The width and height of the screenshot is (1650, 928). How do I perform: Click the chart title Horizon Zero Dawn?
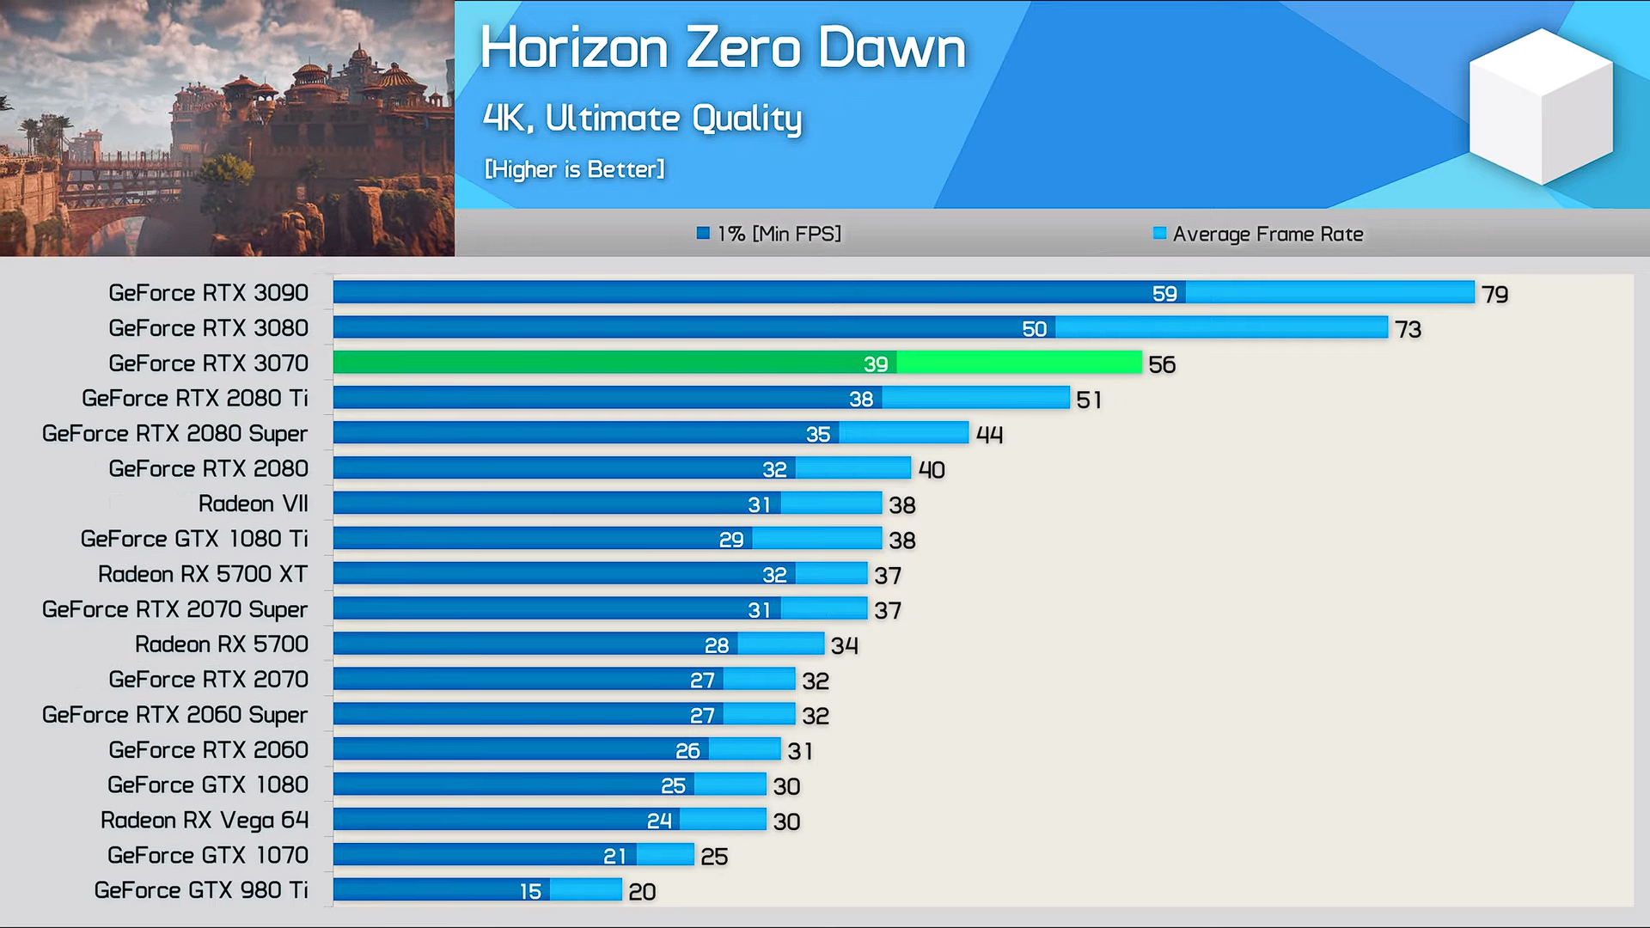click(x=722, y=48)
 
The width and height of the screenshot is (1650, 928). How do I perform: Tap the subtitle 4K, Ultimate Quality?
click(x=642, y=119)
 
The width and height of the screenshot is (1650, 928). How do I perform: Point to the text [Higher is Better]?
click(x=574, y=169)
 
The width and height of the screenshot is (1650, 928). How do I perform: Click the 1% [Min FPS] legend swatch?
click(x=703, y=233)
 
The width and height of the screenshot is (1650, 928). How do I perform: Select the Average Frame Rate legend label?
click(x=1268, y=234)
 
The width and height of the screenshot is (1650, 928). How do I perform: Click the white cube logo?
click(x=1541, y=107)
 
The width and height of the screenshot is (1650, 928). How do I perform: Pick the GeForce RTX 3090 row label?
click(x=208, y=293)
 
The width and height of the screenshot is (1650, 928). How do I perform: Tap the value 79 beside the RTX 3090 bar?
click(x=1494, y=295)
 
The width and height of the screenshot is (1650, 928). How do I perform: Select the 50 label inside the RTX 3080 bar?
click(x=1034, y=329)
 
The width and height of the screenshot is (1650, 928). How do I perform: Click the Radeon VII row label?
click(x=253, y=504)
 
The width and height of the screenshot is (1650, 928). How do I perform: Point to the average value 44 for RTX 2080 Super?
click(x=989, y=435)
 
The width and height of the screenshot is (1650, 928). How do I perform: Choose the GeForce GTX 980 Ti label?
click(x=201, y=890)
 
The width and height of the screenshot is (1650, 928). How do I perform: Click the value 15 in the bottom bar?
click(x=530, y=892)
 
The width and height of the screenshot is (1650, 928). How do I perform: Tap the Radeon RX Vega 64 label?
click(x=205, y=821)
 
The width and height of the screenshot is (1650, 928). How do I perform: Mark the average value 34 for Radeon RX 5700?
click(x=844, y=645)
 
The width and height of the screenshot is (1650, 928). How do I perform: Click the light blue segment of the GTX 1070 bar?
click(x=665, y=855)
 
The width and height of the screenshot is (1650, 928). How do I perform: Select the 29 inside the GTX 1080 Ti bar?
click(x=730, y=540)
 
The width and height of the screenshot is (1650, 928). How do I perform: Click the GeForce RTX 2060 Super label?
click(x=174, y=715)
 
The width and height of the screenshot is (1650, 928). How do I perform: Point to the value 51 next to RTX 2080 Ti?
click(x=1088, y=400)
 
